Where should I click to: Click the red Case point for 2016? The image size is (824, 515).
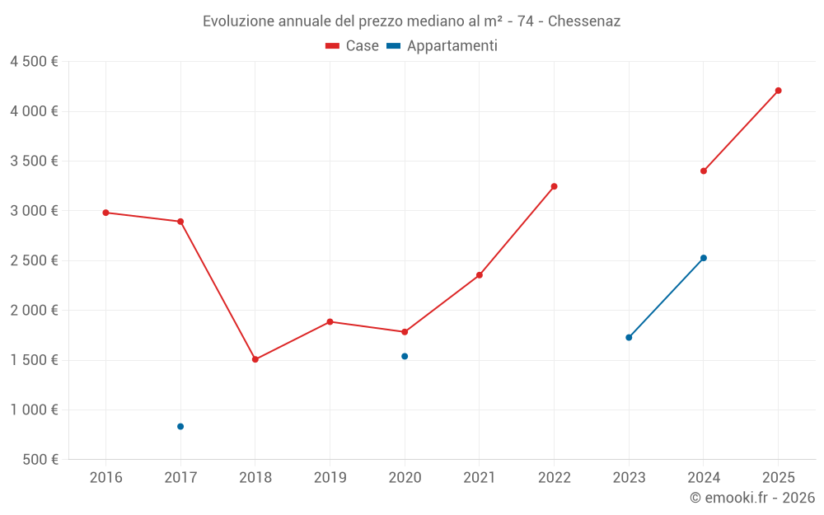click(x=105, y=213)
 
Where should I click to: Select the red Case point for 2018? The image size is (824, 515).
click(x=255, y=359)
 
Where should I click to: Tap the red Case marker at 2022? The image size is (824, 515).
click(x=554, y=186)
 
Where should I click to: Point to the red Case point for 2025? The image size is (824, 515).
click(x=778, y=91)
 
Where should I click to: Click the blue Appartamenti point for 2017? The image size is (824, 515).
click(x=180, y=426)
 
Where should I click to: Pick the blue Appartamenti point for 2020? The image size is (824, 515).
click(x=405, y=356)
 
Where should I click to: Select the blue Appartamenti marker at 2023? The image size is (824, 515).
click(x=629, y=337)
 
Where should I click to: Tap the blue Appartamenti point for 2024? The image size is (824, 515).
click(x=704, y=258)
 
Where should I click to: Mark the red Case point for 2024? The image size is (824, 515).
click(x=704, y=171)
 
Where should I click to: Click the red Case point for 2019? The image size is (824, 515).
click(x=330, y=321)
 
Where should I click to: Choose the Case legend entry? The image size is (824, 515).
click(x=353, y=46)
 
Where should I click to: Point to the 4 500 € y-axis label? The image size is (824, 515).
click(x=34, y=62)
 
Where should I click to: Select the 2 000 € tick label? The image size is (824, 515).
click(x=34, y=311)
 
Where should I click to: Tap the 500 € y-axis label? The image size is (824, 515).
click(x=39, y=460)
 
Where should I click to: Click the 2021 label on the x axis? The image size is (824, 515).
click(x=480, y=477)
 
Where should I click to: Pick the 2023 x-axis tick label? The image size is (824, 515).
click(x=629, y=477)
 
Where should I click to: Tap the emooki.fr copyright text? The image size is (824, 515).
click(x=752, y=498)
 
